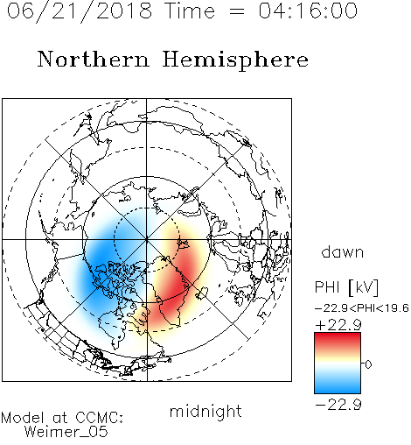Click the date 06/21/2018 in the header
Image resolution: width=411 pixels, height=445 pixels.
tap(80, 11)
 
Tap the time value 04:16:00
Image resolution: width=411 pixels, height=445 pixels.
tap(308, 11)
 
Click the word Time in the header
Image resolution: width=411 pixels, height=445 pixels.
tap(190, 11)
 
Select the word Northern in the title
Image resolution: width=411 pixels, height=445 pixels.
tap(94, 59)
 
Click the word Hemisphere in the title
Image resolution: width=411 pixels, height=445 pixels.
tap(235, 60)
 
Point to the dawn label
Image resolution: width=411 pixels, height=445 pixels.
tap(343, 252)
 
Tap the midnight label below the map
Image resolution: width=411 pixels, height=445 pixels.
tap(205, 412)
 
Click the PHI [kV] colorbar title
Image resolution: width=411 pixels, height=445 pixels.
tap(346, 287)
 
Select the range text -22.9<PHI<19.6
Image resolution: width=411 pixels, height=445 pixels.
tap(362, 308)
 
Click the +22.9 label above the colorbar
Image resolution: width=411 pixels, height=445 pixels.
tap(338, 325)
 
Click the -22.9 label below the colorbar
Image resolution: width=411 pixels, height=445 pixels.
tap(338, 405)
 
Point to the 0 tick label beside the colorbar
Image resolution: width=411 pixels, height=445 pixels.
tap(368, 364)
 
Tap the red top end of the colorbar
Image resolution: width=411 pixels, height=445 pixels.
tap(338, 336)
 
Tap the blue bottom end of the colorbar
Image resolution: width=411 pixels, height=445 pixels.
tap(338, 391)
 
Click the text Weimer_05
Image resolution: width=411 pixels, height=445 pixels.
tap(66, 432)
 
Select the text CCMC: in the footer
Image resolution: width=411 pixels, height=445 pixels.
tap(100, 418)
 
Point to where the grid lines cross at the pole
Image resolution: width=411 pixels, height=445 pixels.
tap(147, 239)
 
